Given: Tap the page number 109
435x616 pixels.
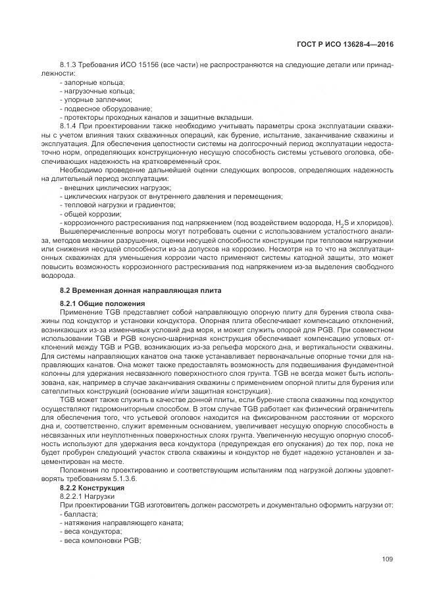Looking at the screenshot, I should tap(387, 559).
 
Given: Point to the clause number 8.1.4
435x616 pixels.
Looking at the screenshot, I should tap(68, 126).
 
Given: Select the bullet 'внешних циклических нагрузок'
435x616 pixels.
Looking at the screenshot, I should tap(105, 188).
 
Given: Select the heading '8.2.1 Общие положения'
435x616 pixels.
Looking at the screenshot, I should tap(97, 303).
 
